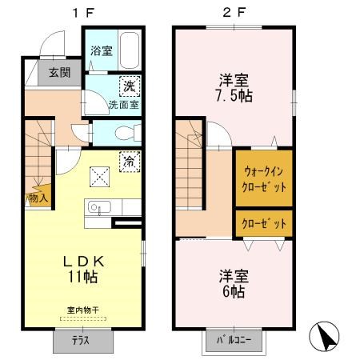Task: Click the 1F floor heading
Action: (x=83, y=13)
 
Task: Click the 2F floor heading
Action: (x=234, y=13)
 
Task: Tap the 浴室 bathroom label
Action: (x=102, y=50)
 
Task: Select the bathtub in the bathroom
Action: (x=130, y=50)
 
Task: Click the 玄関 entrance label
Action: (x=60, y=72)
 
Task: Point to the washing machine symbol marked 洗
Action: (x=130, y=86)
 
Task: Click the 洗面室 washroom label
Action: (x=124, y=105)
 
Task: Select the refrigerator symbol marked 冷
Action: (x=130, y=162)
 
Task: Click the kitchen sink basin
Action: (x=99, y=207)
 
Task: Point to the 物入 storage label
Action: (x=38, y=198)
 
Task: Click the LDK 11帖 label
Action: (x=83, y=270)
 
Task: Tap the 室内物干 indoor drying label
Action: (x=83, y=310)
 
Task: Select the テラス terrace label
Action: (x=81, y=341)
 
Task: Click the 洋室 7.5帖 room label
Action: (x=234, y=88)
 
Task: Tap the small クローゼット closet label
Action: (x=264, y=223)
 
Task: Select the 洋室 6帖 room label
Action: (x=234, y=284)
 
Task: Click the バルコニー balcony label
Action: (x=234, y=340)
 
